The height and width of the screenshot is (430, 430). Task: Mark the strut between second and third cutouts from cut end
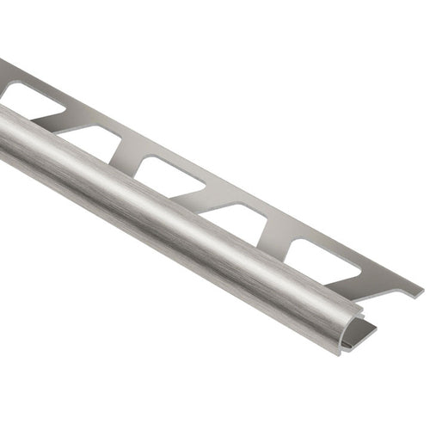pyautogui.click(x=206, y=195)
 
